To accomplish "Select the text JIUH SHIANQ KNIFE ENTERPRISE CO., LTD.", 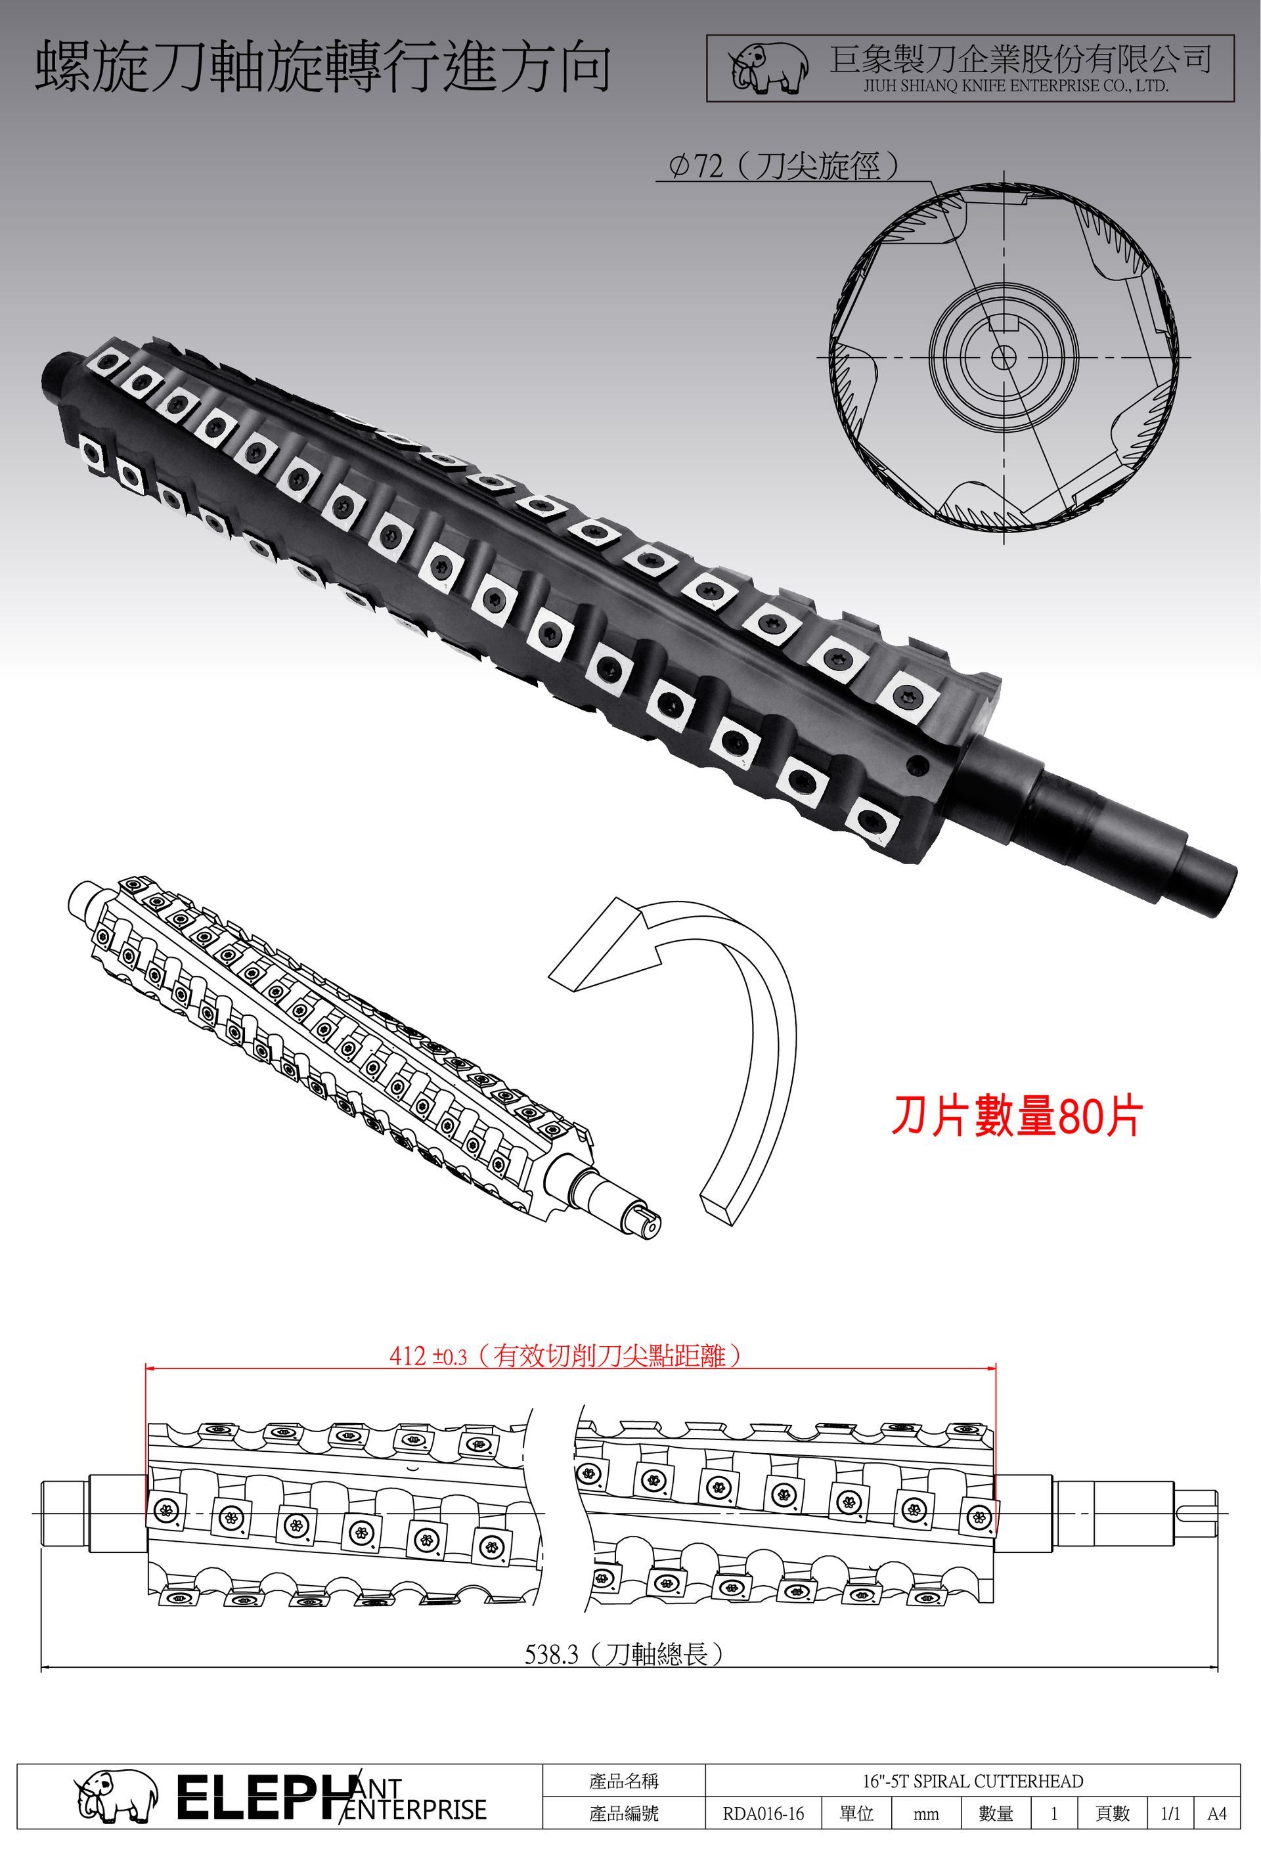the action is click(1016, 86).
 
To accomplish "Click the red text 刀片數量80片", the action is click(1017, 1116).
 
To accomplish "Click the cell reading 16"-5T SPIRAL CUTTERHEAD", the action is click(973, 1781).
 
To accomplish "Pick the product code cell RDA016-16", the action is click(763, 1814).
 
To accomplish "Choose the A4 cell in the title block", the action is click(1217, 1814).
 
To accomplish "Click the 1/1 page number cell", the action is click(1171, 1814).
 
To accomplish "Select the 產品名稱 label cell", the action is click(624, 1781).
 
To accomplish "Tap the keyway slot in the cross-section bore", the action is click(1003, 322).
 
